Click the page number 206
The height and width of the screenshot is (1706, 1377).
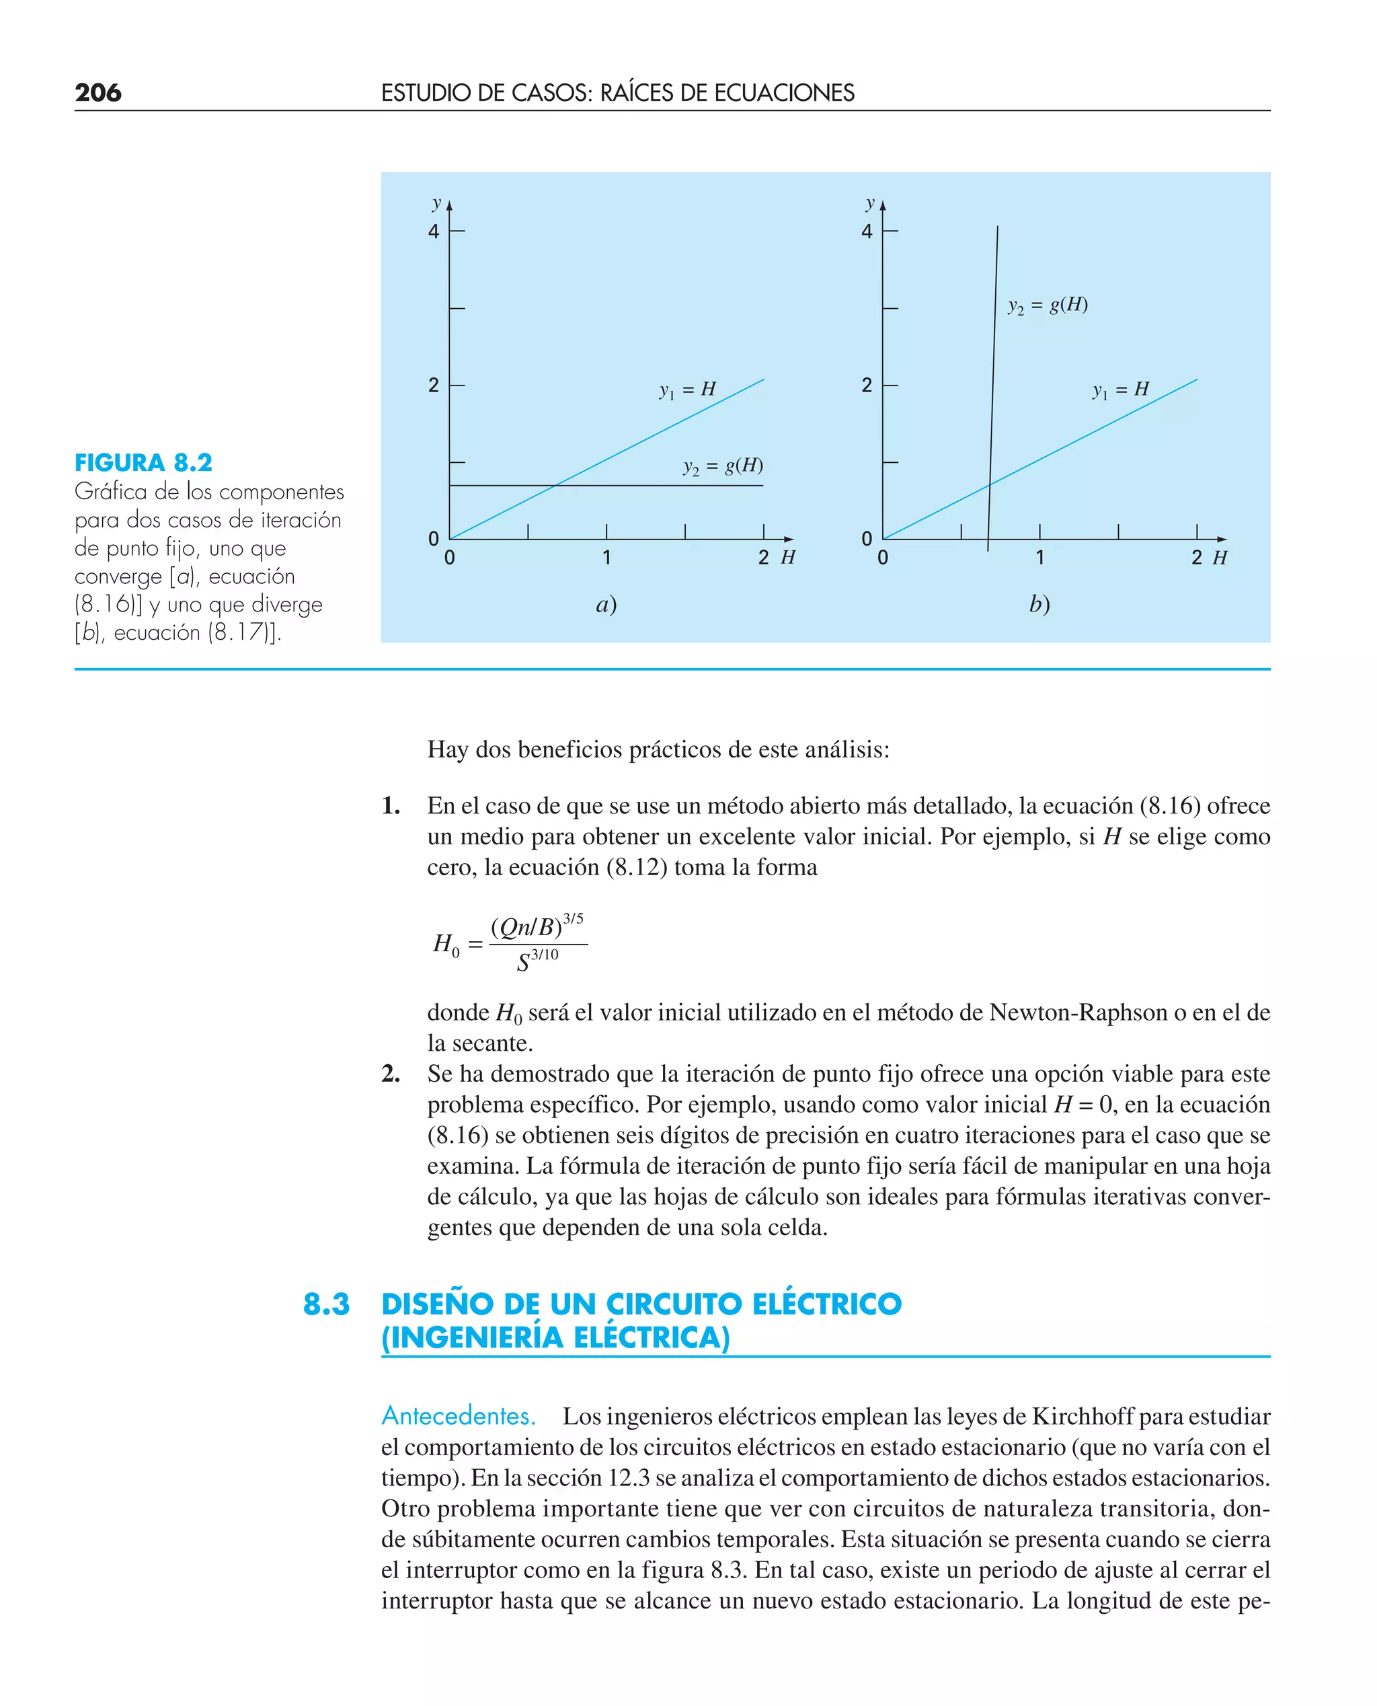pos(97,93)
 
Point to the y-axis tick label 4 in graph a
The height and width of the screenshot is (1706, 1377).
pos(433,231)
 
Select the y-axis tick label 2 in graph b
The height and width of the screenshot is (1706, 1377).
pos(866,385)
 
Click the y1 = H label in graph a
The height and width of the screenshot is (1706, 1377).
pos(687,390)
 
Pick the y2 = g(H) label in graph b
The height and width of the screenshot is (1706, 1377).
pos(1047,305)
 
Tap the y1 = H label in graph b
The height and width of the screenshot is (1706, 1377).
pos(1120,390)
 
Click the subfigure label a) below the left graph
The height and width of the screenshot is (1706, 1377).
pos(606,605)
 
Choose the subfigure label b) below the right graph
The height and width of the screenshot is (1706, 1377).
pos(1039,605)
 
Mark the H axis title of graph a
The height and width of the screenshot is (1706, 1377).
pos(787,558)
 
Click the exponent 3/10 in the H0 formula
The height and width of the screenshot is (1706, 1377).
pos(544,955)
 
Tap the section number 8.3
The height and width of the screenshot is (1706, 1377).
pos(326,1304)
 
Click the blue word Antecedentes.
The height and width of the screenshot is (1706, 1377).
pos(458,1415)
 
